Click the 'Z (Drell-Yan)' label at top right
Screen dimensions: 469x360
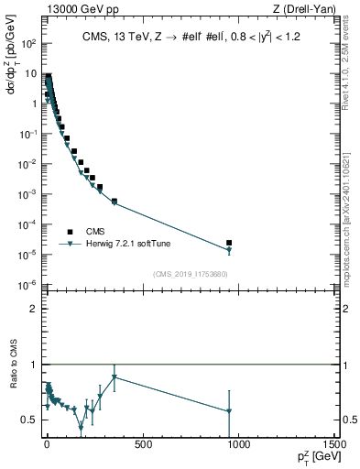305,8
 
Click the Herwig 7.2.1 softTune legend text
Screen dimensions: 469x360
126,244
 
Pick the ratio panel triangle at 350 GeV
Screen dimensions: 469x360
114,376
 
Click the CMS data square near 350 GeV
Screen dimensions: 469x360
114,201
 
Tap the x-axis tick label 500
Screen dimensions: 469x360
142,445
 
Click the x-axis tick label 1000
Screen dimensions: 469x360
238,445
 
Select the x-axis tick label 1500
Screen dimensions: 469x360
333,445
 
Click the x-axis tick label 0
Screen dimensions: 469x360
47,445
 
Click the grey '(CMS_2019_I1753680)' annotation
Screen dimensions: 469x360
189,273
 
